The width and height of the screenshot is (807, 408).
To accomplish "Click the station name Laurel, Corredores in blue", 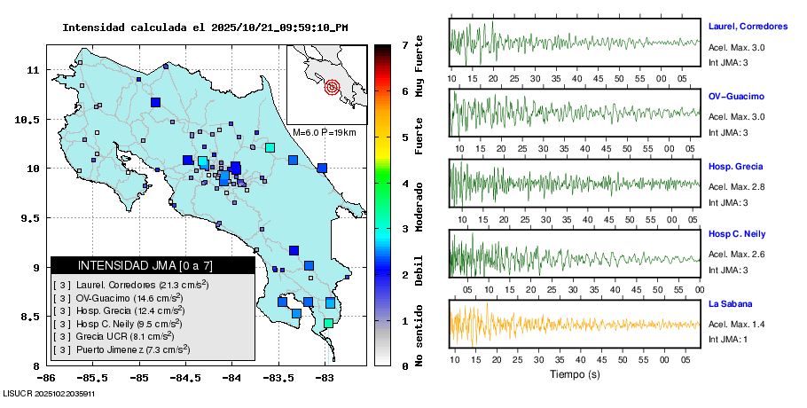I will [748, 26].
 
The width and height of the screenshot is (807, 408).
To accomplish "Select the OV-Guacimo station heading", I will [736, 96].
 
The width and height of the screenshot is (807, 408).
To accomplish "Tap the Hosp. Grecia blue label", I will [735, 167].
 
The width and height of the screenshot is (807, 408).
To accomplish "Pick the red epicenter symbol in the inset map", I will [333, 87].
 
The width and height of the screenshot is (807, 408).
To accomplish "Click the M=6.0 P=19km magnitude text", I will [324, 132].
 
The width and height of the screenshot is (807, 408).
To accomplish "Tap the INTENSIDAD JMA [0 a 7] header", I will [153, 265].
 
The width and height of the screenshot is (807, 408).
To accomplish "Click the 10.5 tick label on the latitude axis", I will [33, 120].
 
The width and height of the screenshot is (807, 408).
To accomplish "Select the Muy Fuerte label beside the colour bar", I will [419, 67].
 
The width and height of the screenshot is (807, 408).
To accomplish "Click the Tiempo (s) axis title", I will [575, 374].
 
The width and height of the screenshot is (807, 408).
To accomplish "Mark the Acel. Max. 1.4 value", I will [737, 326].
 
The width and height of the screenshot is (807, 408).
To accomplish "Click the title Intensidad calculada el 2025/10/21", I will [205, 27].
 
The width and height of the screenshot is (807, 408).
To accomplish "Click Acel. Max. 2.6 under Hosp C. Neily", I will [737, 255].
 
